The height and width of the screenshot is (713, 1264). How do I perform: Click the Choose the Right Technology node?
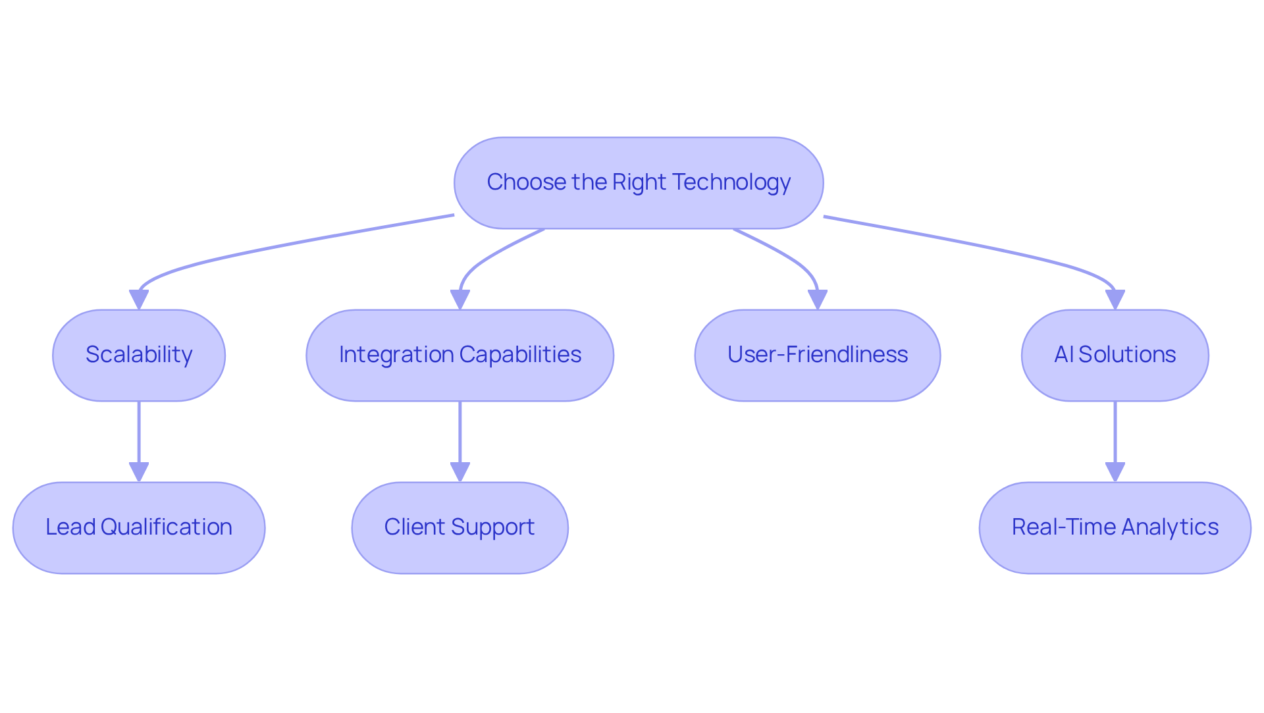[x=639, y=182]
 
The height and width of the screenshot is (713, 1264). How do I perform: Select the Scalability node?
[x=139, y=355]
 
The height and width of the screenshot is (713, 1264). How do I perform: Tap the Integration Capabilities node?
[x=460, y=355]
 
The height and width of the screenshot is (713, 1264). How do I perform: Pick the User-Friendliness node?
[x=817, y=355]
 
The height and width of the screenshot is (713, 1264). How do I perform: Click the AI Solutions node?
[x=1115, y=355]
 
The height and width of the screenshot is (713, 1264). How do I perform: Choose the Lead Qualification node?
[x=139, y=527]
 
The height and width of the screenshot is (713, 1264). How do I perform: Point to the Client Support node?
[x=460, y=527]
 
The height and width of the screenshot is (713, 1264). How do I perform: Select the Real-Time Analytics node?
[x=1115, y=527]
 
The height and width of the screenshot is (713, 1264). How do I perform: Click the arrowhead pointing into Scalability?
[x=139, y=300]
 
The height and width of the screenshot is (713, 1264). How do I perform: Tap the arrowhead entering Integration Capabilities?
[x=460, y=300]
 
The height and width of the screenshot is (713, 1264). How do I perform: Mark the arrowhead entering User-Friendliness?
[x=817, y=300]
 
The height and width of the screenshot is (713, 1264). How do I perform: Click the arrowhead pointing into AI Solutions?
[x=1115, y=300]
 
